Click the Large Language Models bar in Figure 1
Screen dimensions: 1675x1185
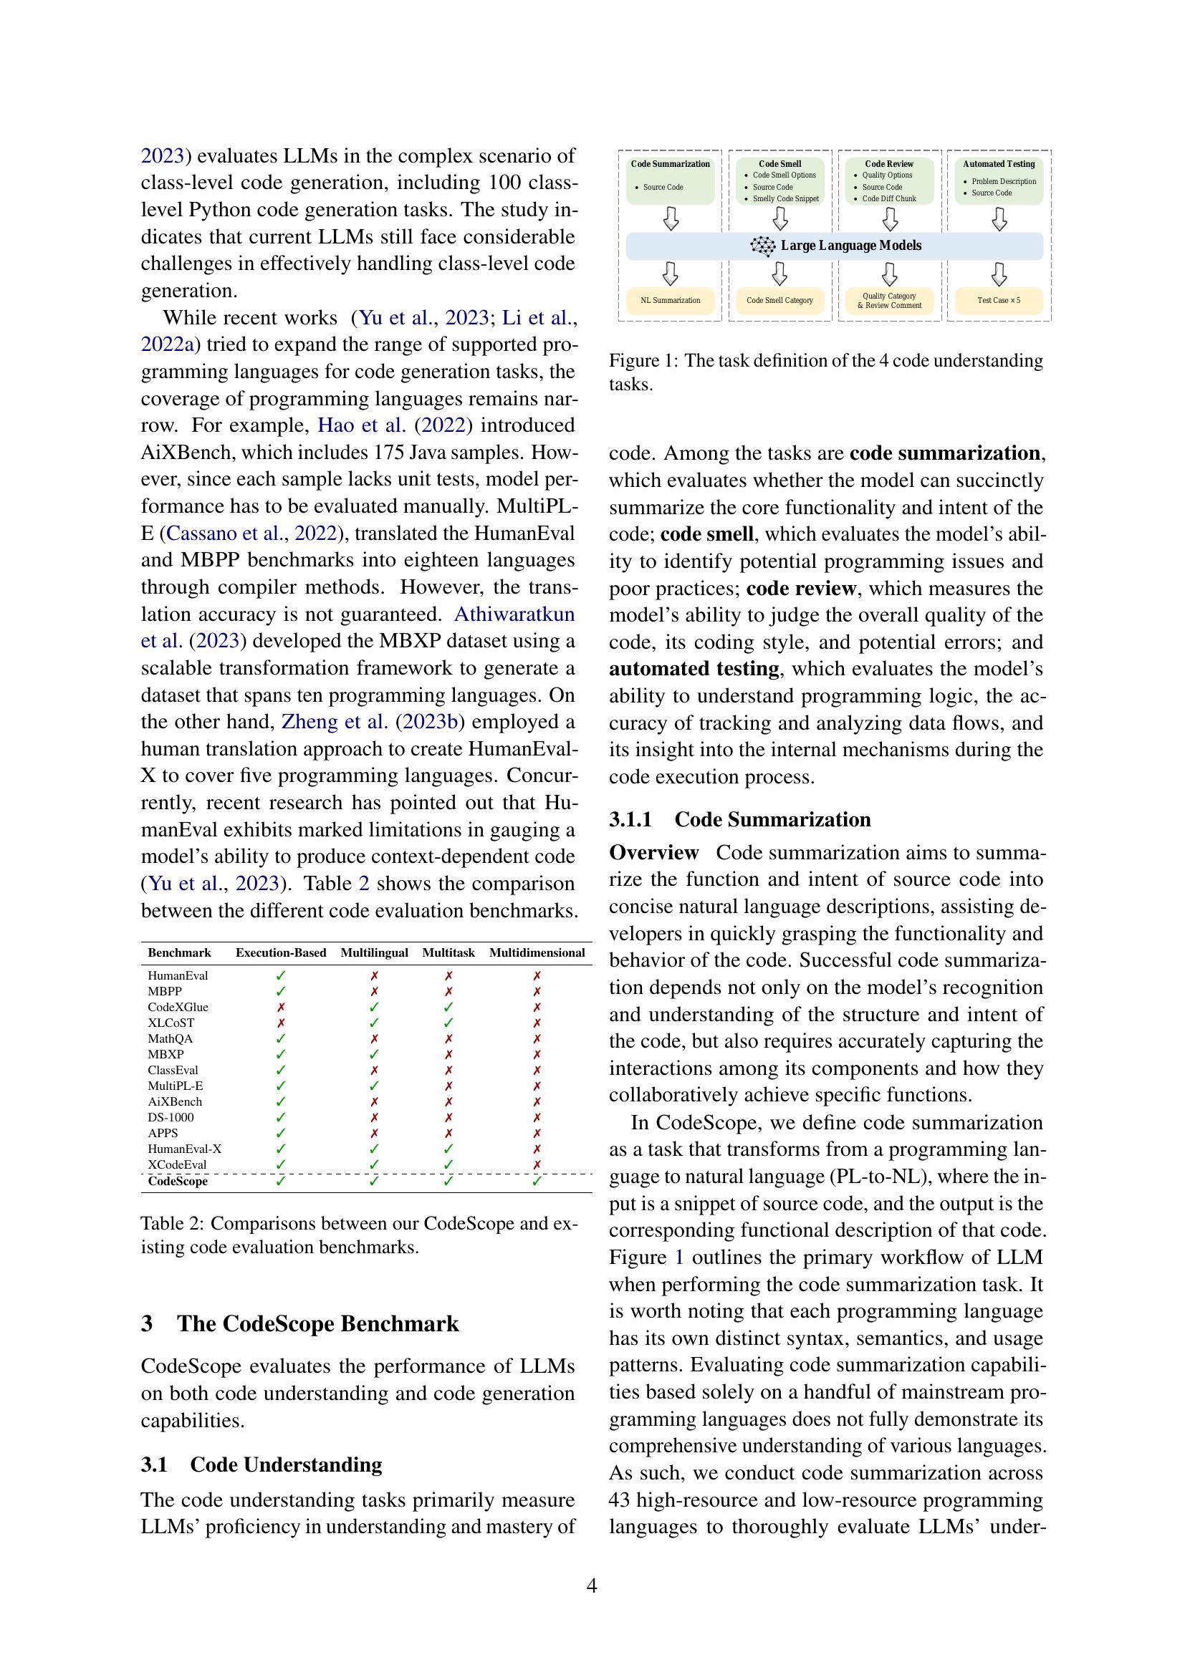[x=834, y=246]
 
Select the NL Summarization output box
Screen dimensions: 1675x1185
[x=670, y=301]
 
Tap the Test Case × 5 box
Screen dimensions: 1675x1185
[x=998, y=301]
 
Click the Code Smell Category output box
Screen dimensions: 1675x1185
[x=779, y=301]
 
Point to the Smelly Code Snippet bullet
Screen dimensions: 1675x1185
[x=785, y=198]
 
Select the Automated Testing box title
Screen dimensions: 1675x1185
[x=998, y=164]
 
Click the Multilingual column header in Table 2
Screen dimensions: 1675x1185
[x=373, y=952]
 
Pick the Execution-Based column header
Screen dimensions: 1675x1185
[x=281, y=952]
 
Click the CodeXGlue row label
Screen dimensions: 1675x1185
[x=178, y=1007]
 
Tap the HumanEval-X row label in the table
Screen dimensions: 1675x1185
[x=185, y=1148]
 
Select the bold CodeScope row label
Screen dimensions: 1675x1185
[x=177, y=1181]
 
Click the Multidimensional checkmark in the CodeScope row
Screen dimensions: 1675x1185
[x=537, y=1181]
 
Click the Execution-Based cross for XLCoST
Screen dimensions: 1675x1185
[x=281, y=1023]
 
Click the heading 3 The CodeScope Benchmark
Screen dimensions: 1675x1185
[x=300, y=1323]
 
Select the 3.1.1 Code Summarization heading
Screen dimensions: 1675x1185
[x=740, y=819]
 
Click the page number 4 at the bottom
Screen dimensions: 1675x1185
[x=592, y=1585]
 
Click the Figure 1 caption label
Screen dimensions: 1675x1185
[x=641, y=361]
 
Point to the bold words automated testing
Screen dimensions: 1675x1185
[x=694, y=669]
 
